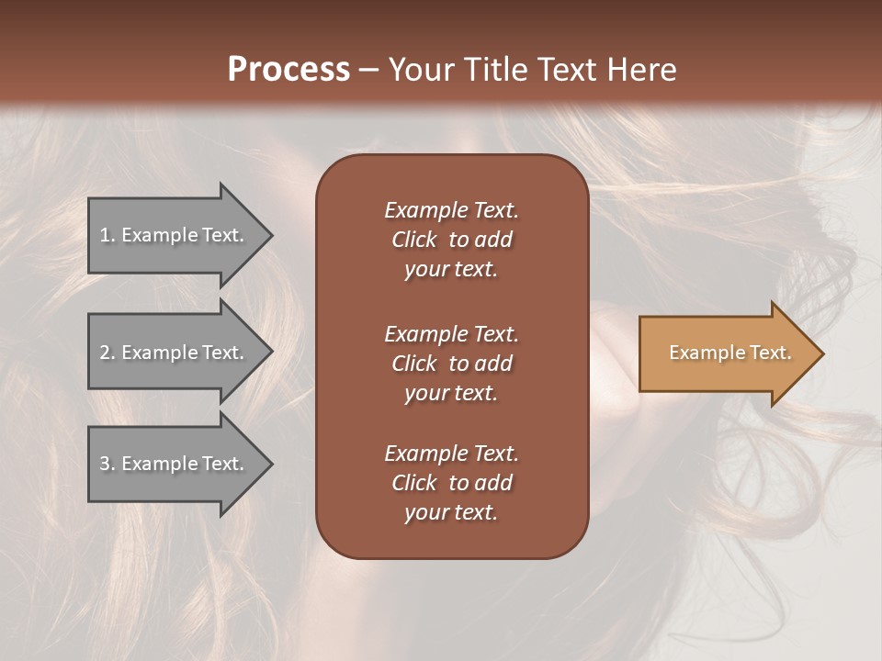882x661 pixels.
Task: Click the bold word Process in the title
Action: tap(288, 70)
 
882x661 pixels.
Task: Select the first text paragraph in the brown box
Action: tap(451, 240)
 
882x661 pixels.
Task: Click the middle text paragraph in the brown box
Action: tap(451, 364)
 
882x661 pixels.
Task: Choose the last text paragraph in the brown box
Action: tap(451, 483)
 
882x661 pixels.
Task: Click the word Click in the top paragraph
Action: tap(414, 240)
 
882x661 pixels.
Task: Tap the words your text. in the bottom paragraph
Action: tap(451, 513)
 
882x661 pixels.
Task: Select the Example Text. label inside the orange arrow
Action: tap(730, 353)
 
